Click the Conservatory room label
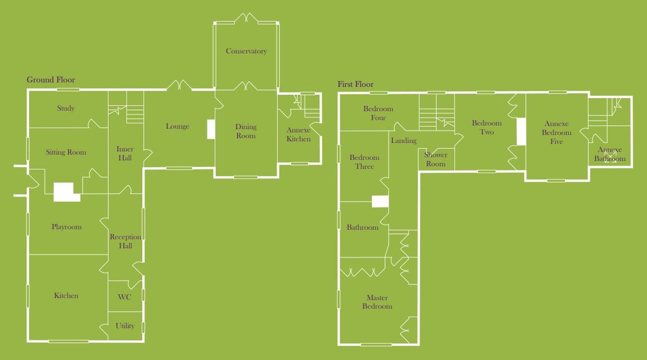(246, 51)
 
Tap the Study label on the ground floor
(66, 109)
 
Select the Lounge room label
(177, 127)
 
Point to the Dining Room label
(245, 131)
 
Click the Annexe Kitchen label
(298, 134)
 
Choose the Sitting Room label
(66, 152)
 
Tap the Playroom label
(67, 227)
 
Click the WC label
(124, 297)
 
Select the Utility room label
(125, 326)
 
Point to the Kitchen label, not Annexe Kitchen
(66, 296)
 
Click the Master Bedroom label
(377, 302)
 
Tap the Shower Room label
(435, 159)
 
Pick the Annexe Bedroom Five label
(556, 133)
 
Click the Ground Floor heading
(51, 80)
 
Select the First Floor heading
(356, 85)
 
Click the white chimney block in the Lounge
(211, 129)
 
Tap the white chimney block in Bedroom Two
(521, 131)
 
